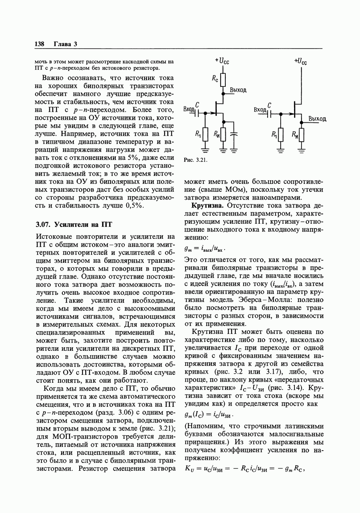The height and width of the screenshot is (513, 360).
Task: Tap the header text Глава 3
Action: point(66,44)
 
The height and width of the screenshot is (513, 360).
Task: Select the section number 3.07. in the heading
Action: point(43,225)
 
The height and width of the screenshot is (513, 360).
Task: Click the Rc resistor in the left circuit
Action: point(223,80)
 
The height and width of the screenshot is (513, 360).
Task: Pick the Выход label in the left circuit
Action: point(238,90)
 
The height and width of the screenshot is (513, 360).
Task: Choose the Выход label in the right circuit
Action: point(317,119)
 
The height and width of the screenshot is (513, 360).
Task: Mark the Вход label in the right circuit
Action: point(260,109)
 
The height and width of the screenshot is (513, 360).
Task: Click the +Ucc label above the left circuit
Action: point(222,61)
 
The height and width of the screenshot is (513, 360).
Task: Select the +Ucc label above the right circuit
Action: point(300,61)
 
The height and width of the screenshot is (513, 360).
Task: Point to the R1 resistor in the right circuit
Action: point(280,135)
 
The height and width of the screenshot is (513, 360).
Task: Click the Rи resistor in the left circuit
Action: point(223,135)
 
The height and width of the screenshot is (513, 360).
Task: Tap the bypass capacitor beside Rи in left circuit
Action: point(234,134)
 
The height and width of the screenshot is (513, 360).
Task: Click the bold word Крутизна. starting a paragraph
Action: point(208,206)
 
